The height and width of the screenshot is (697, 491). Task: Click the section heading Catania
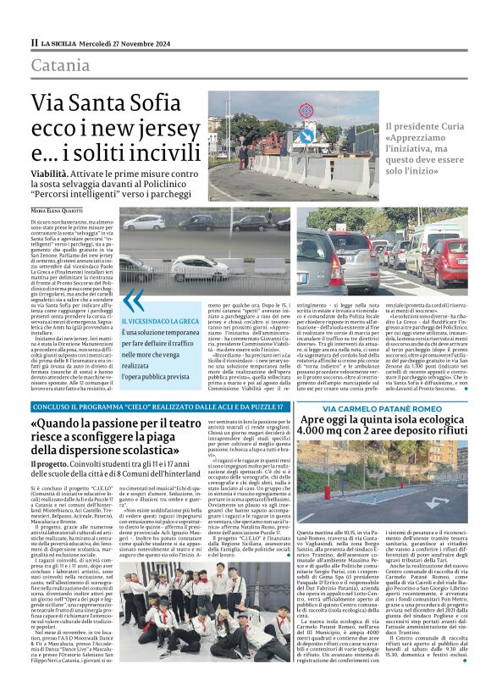click(x=60, y=65)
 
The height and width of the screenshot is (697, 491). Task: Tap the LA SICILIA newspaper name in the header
click(x=60, y=42)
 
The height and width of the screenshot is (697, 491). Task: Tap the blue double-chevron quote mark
click(x=132, y=300)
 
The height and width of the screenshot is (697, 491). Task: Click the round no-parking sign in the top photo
click(x=304, y=135)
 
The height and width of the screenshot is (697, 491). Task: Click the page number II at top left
click(x=34, y=42)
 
